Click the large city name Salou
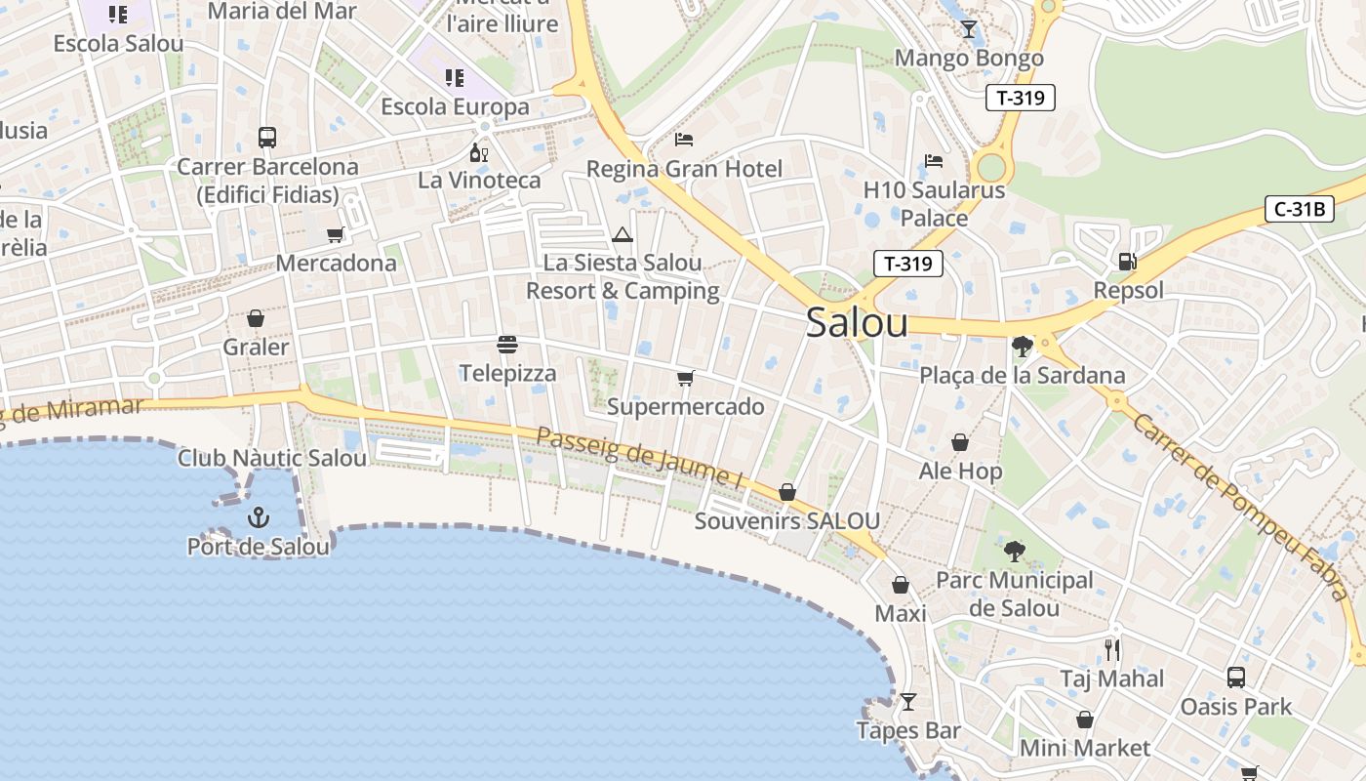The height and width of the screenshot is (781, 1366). click(x=857, y=324)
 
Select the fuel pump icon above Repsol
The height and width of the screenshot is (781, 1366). click(x=1127, y=261)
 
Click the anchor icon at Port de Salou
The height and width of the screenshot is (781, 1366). click(x=259, y=516)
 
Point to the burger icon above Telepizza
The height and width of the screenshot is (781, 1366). click(x=506, y=344)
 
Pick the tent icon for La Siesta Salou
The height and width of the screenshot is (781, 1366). click(x=623, y=234)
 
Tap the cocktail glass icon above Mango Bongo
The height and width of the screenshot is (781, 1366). click(x=968, y=29)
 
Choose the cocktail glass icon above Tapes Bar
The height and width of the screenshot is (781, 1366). click(x=908, y=702)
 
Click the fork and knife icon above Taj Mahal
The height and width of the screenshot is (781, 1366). click(x=1112, y=649)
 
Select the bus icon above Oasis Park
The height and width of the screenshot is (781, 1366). click(x=1235, y=677)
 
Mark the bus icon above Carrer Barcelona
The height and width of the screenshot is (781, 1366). click(x=266, y=138)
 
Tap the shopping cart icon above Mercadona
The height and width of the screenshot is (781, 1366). click(x=336, y=234)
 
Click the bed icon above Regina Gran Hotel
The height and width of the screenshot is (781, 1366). click(x=683, y=140)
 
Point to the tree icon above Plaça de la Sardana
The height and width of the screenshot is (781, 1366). click(x=1022, y=346)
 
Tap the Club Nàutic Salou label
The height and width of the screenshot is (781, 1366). click(x=272, y=458)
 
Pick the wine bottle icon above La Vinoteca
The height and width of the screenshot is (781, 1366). click(x=478, y=152)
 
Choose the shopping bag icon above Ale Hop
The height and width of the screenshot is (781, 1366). click(x=960, y=442)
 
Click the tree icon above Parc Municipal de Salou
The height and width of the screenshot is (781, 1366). click(x=1015, y=552)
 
